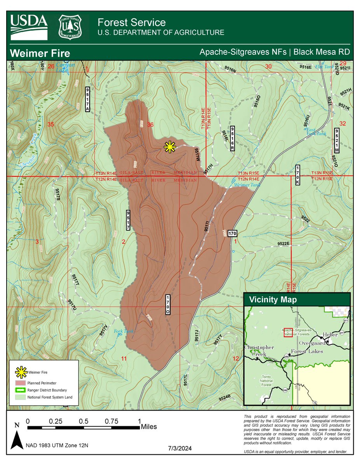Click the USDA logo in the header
(x=29, y=27)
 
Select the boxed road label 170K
(x=297, y=175)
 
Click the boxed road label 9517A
(x=87, y=99)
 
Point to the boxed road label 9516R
(x=233, y=139)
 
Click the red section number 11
(x=124, y=358)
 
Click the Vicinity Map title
(x=273, y=300)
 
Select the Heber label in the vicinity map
(x=330, y=335)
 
